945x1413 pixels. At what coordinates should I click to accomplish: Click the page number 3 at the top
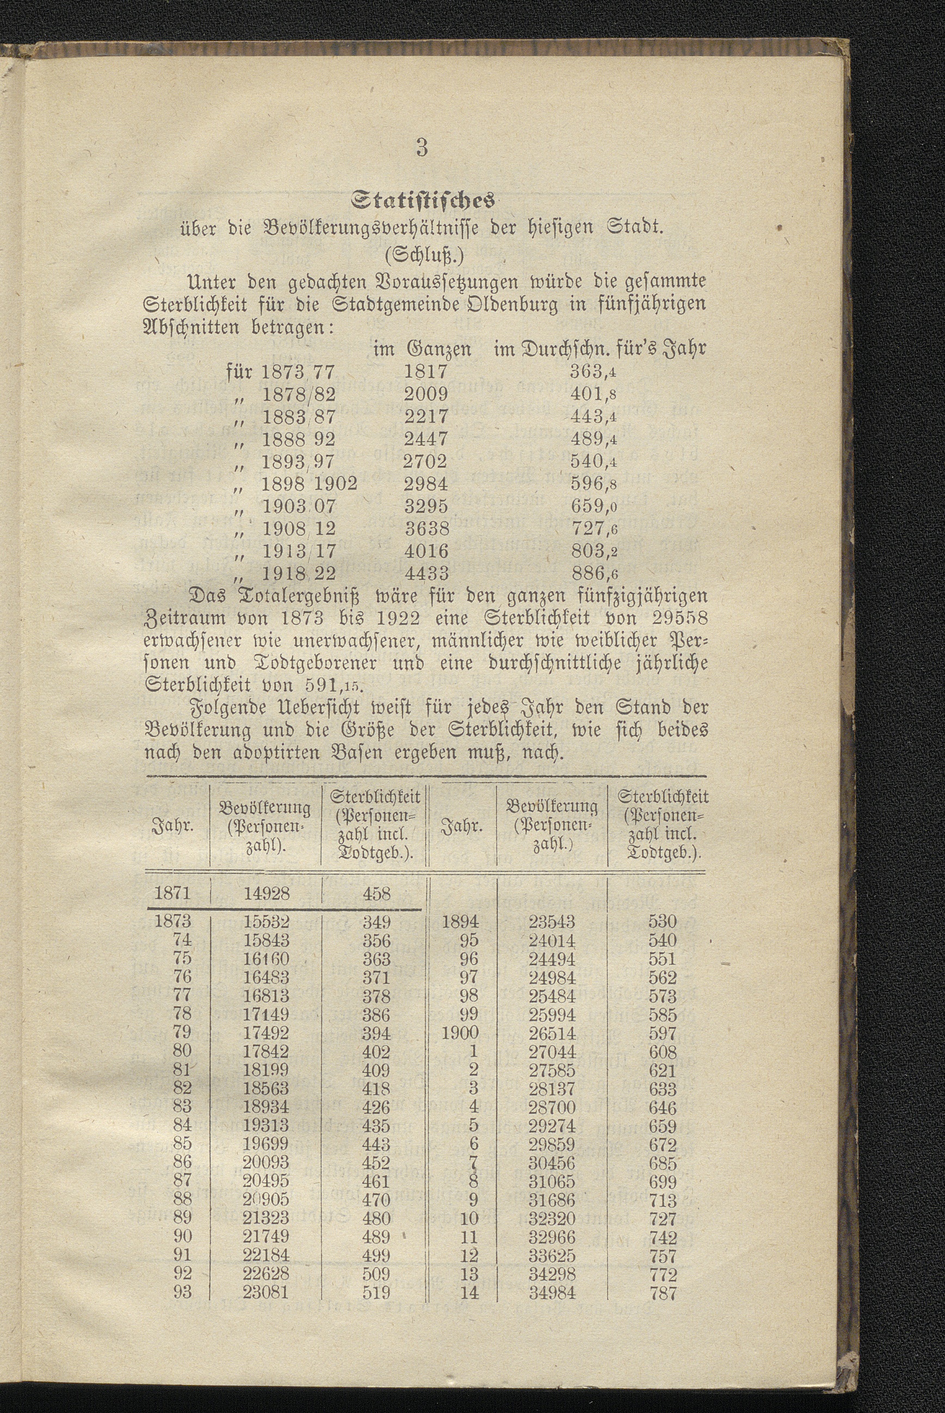pos(422,147)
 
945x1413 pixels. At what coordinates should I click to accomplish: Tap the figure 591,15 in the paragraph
pos(331,686)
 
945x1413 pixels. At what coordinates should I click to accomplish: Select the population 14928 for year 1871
pos(267,893)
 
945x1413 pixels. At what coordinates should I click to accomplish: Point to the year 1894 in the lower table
pos(460,922)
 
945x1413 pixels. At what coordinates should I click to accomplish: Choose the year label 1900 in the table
pos(460,1033)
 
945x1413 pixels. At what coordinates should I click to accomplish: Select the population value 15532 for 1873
pos(267,922)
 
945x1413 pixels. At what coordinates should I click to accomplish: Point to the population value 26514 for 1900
pos(552,1034)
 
